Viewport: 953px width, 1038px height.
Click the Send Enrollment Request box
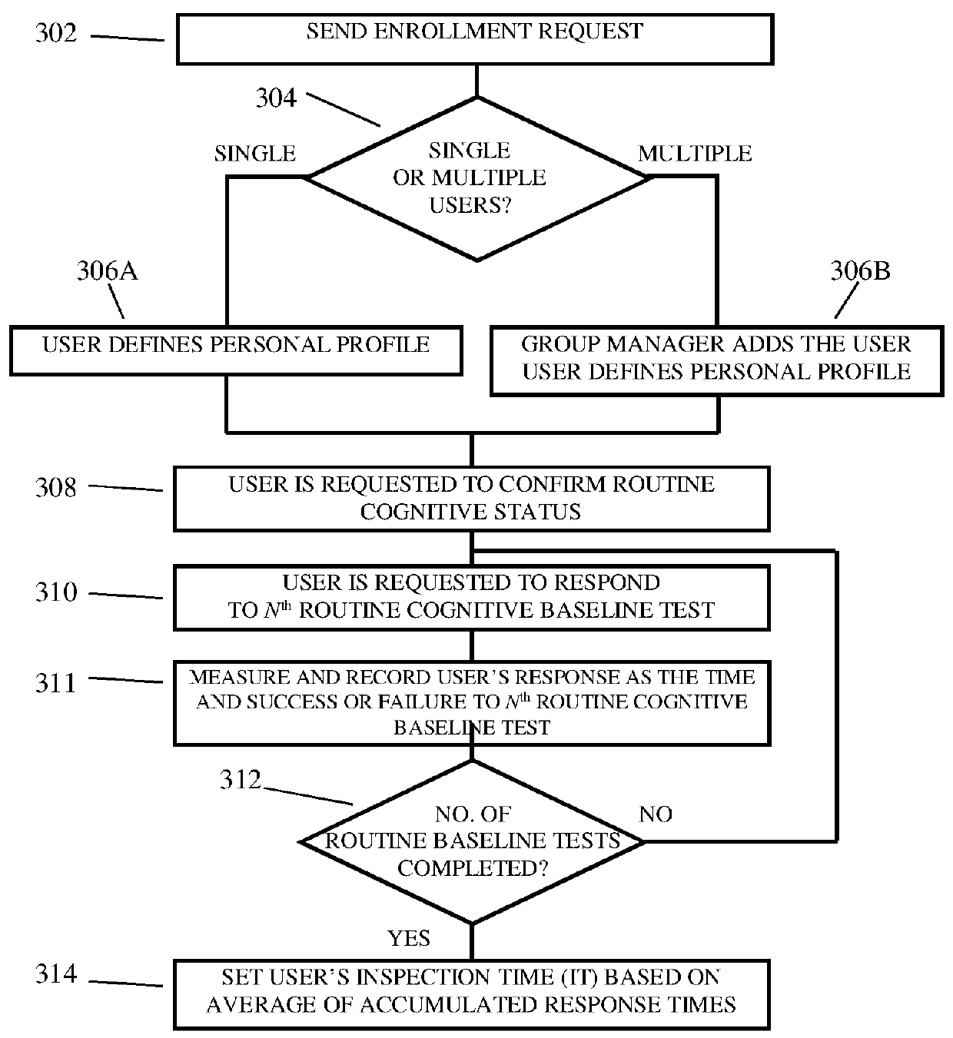point(475,39)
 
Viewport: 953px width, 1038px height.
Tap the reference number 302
point(56,32)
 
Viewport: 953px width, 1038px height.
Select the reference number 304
point(277,98)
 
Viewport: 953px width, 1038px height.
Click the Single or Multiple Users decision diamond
point(477,178)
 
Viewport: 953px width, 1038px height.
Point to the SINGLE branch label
point(255,154)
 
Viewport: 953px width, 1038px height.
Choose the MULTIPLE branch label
point(695,154)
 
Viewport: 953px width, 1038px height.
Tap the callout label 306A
point(108,270)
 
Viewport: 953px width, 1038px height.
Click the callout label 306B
point(860,270)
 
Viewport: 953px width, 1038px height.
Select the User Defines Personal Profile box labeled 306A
point(236,351)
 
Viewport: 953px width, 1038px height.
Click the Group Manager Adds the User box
point(717,361)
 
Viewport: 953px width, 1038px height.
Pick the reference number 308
point(56,487)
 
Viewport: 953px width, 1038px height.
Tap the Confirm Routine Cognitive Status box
point(472,499)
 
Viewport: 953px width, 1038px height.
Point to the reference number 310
point(56,592)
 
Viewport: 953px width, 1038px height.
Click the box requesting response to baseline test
point(472,598)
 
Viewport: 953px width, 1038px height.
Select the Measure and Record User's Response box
point(472,703)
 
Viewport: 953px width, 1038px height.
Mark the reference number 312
point(241,779)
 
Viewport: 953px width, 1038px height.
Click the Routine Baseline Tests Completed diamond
point(472,842)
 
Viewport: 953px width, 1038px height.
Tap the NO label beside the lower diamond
point(656,814)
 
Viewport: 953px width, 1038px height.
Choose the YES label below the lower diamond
point(409,938)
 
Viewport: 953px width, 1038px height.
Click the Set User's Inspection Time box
point(472,994)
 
